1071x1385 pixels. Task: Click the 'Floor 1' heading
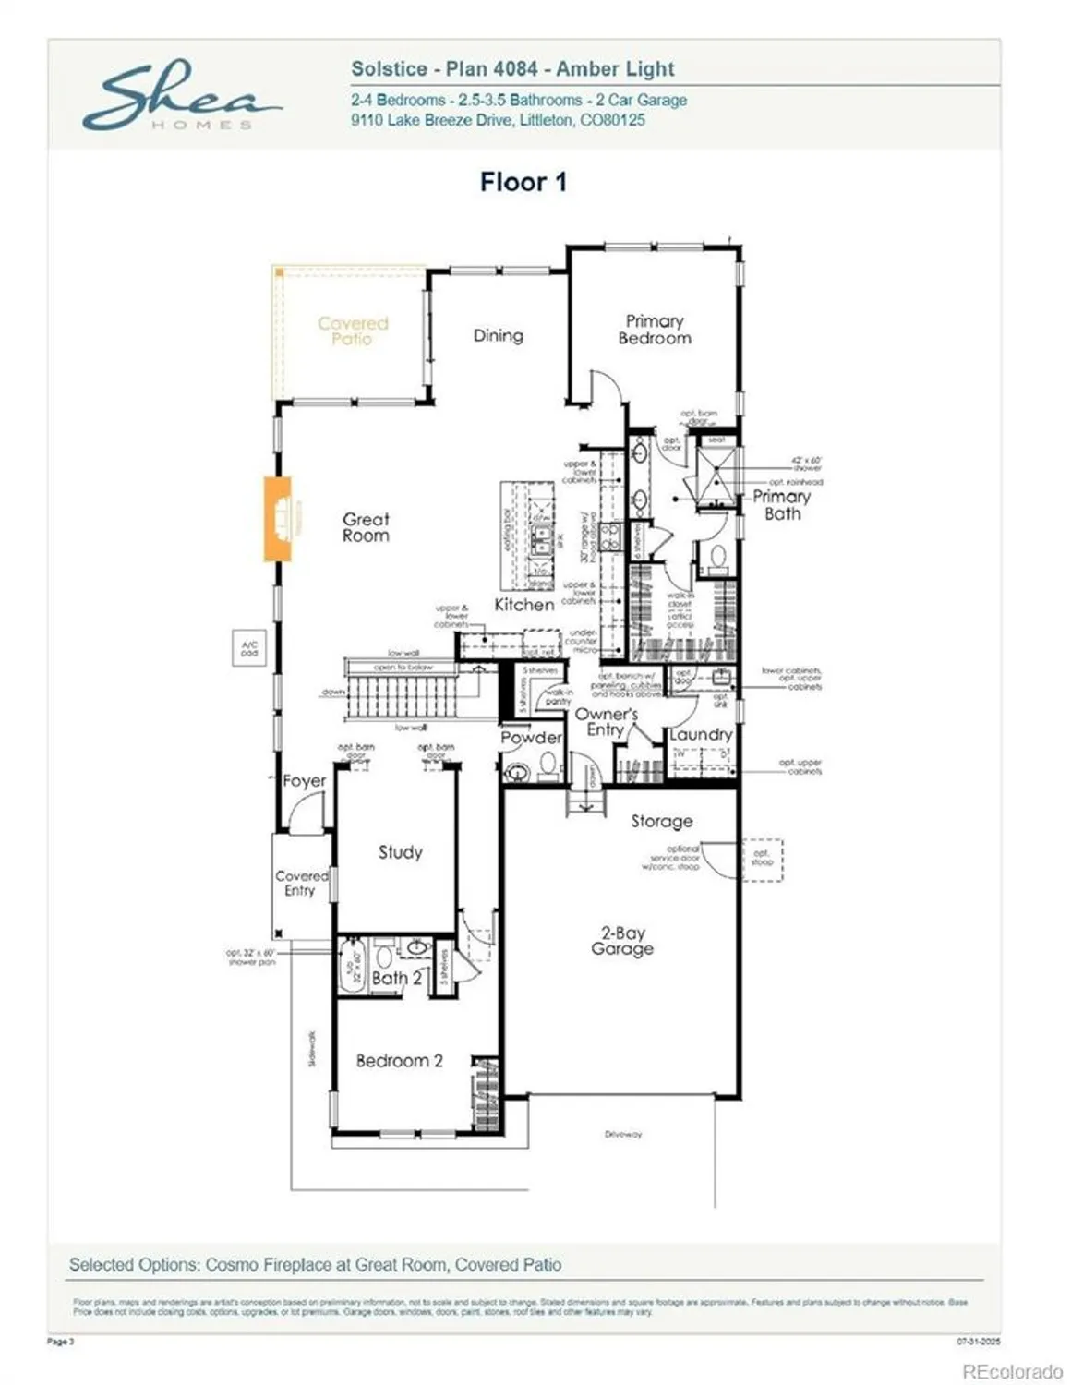click(523, 182)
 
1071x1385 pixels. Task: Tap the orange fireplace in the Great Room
click(278, 518)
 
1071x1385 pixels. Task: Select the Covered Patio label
click(353, 331)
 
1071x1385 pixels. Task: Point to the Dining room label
click(498, 336)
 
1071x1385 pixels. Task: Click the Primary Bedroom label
click(654, 330)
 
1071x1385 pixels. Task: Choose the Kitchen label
click(523, 605)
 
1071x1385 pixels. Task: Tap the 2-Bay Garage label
click(622, 941)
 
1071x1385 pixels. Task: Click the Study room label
click(400, 852)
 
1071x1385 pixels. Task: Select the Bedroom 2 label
click(399, 1061)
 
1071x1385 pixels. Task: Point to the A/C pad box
click(249, 649)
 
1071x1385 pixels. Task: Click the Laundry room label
click(701, 735)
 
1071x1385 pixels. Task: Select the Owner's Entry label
click(606, 722)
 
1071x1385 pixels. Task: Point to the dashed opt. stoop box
click(763, 859)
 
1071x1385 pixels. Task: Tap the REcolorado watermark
click(1012, 1372)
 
